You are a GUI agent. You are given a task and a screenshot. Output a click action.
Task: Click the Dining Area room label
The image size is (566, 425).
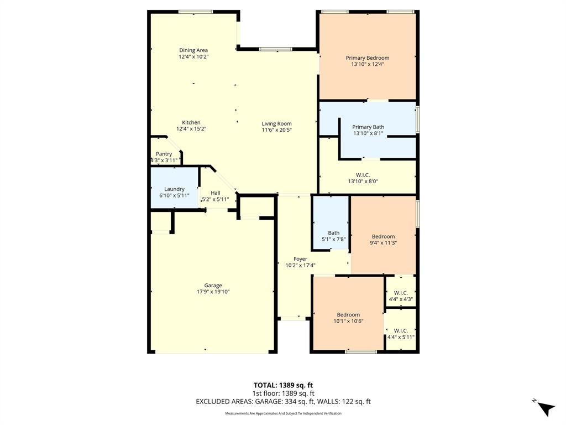[193, 50]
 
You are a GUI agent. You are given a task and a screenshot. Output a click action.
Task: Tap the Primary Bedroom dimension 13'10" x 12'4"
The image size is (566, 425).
[367, 64]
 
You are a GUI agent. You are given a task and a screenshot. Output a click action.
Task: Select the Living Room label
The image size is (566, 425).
[276, 123]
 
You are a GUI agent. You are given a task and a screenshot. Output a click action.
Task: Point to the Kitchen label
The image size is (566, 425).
[191, 122]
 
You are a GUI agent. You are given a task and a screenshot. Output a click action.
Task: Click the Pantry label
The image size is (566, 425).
[164, 154]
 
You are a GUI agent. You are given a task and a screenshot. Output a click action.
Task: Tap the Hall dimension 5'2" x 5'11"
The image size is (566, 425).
[215, 199]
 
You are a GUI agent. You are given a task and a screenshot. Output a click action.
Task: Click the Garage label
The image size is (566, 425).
[213, 286]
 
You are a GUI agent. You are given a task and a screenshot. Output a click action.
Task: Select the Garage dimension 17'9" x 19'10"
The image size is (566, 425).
[213, 292]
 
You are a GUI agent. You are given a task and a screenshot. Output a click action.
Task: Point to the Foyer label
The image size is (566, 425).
[300, 258]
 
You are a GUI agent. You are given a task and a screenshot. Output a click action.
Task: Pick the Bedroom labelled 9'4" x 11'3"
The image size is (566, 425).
[383, 239]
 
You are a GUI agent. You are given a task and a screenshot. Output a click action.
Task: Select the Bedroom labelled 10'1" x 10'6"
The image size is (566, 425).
[348, 318]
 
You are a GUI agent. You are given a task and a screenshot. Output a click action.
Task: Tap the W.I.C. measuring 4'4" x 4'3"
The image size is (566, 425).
[401, 296]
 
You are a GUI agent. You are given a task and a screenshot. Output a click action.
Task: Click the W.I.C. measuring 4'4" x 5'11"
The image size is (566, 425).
[401, 334]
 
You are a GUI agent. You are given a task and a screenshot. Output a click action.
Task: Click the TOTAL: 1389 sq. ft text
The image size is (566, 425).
[283, 385]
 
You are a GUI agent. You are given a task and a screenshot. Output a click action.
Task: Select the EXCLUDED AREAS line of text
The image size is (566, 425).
[283, 402]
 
